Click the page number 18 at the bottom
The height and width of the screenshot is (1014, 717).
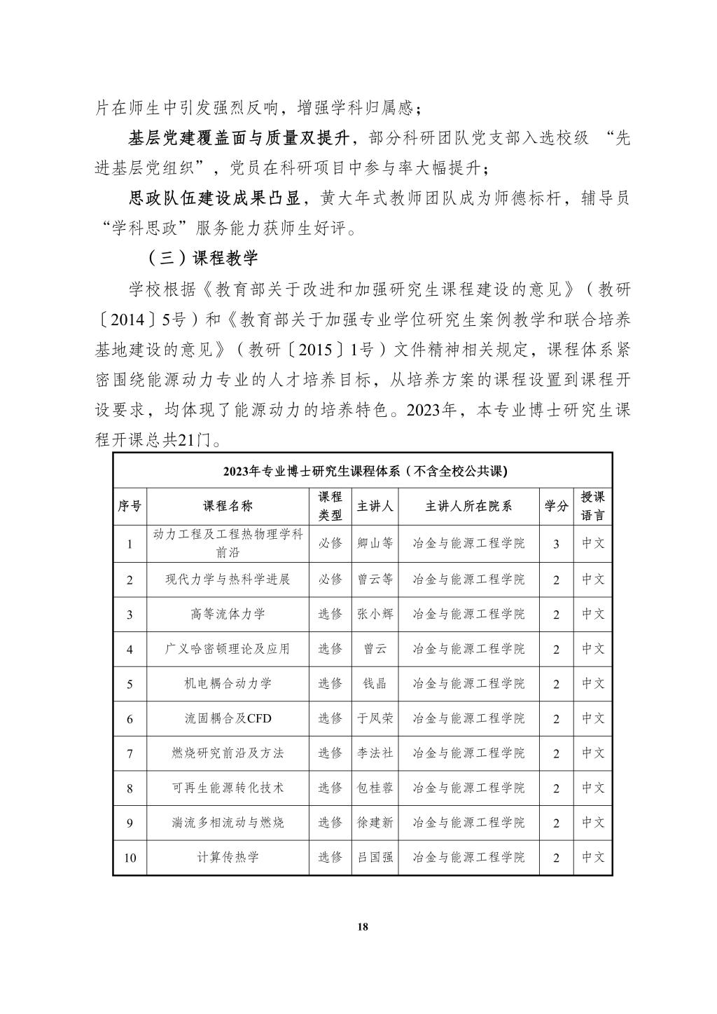tap(362, 926)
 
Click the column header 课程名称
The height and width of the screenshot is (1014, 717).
tap(228, 507)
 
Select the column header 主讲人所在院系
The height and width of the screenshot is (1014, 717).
tap(468, 507)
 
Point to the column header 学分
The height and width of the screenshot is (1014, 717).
tap(556, 507)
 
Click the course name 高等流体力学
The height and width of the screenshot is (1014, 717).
tap(228, 614)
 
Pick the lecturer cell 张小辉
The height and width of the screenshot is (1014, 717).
tap(375, 614)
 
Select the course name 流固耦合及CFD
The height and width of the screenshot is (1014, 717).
tap(228, 718)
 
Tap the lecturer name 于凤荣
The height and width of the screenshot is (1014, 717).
tap(375, 718)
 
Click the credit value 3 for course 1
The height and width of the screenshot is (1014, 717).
tap(556, 544)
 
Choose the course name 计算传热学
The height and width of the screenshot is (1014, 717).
tap(228, 857)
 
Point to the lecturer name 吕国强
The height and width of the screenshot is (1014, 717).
tap(375, 857)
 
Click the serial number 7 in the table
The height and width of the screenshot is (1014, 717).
tap(130, 754)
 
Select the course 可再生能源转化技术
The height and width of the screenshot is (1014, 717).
tap(228, 788)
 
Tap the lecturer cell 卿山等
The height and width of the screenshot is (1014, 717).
tap(375, 543)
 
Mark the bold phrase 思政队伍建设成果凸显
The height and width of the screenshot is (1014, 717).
tap(216, 198)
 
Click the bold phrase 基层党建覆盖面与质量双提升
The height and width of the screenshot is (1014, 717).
tap(239, 138)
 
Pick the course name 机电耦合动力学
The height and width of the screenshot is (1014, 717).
tap(228, 683)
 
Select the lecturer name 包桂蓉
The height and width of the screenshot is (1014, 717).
tap(375, 788)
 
